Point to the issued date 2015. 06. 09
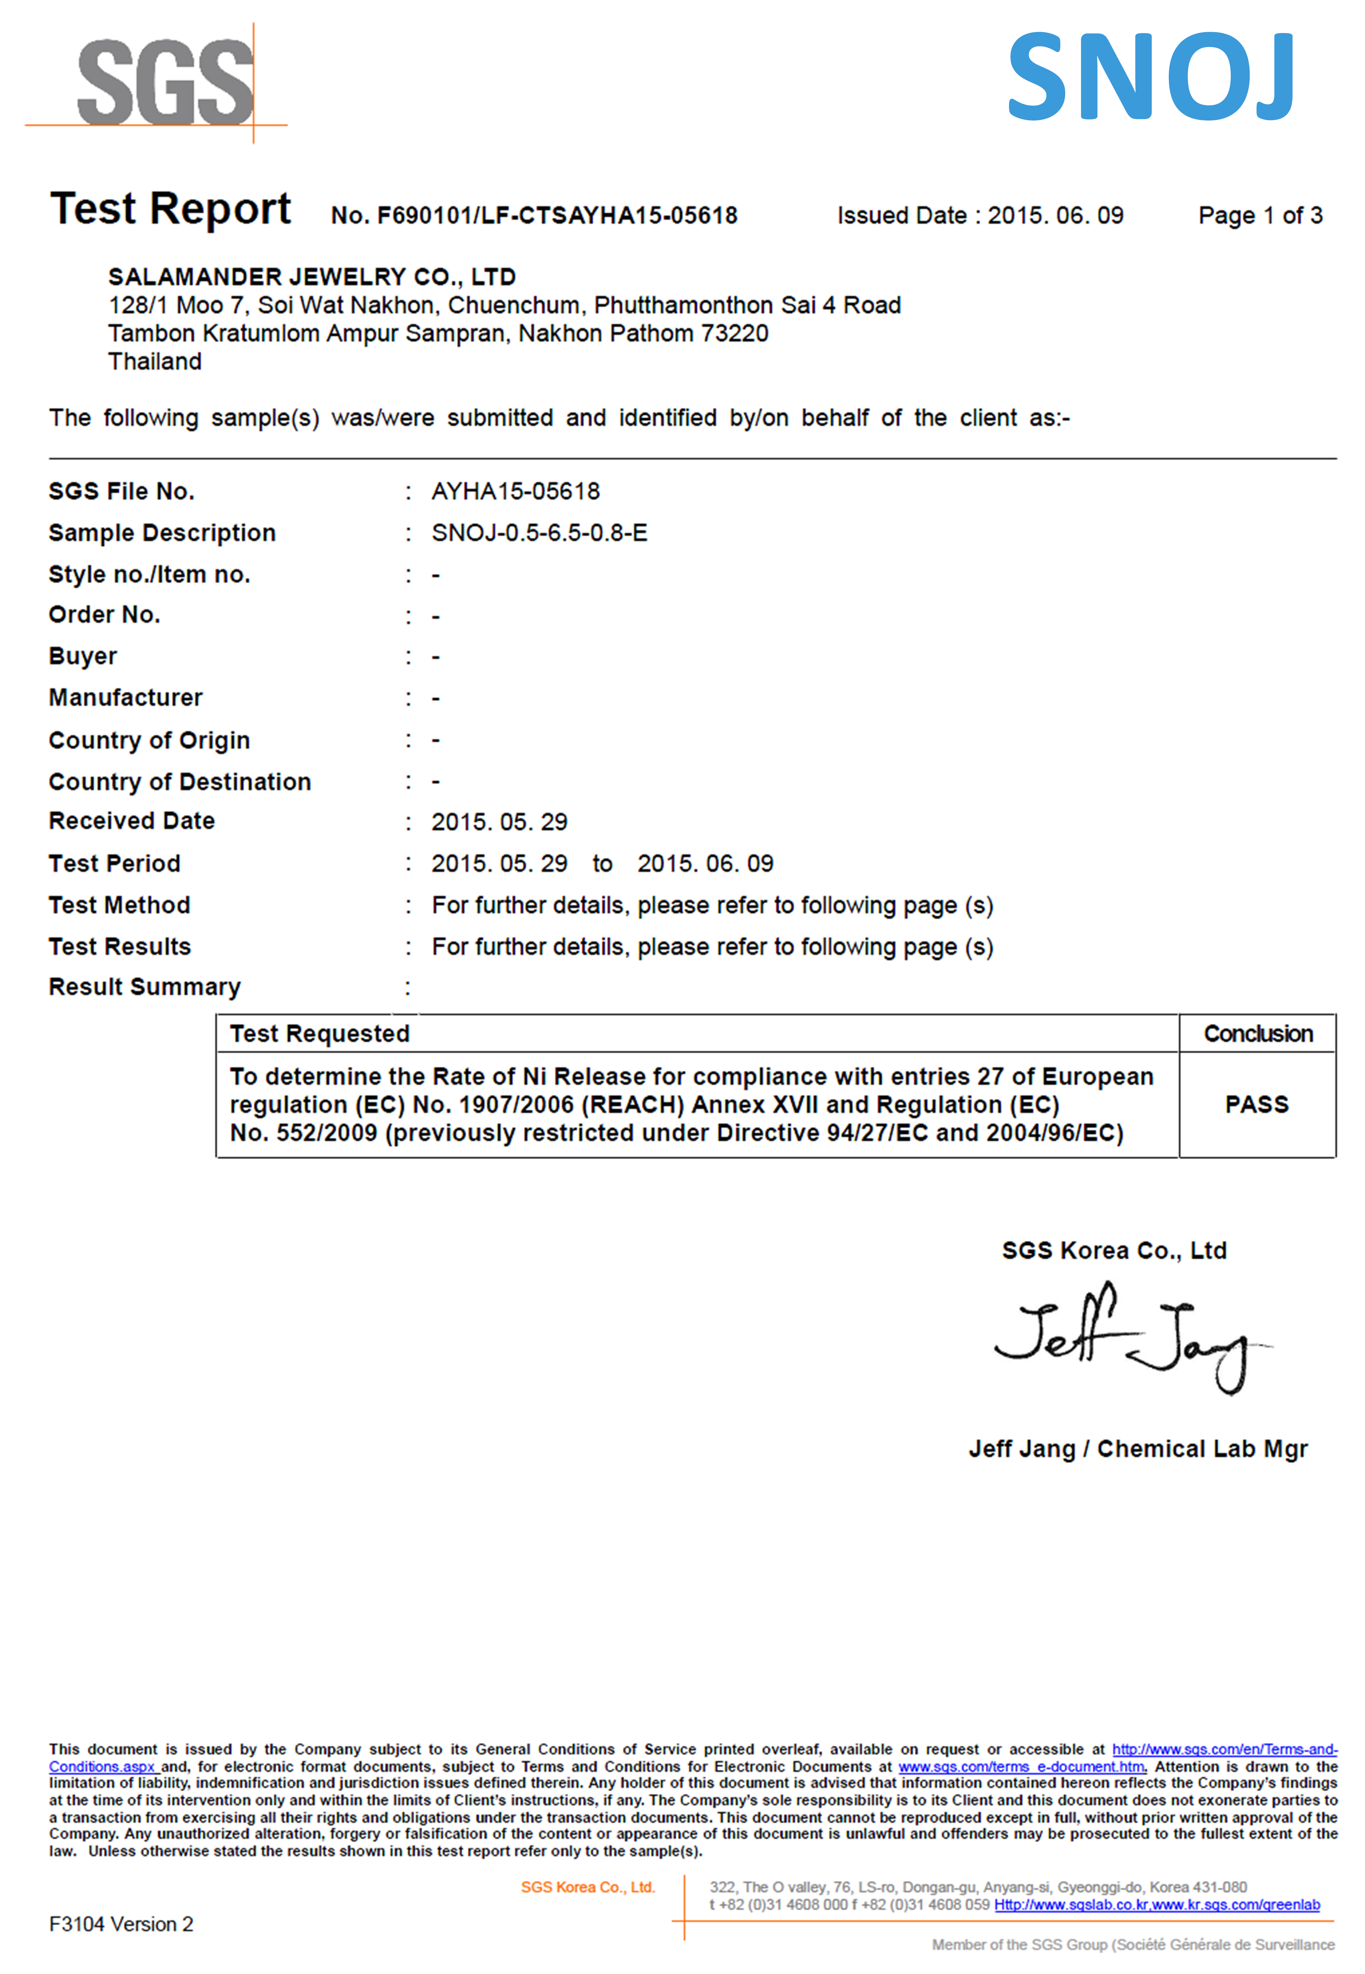pos(1055,216)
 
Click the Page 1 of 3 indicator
pos(1260,216)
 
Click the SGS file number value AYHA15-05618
pos(516,491)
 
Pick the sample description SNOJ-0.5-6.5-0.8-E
pos(539,533)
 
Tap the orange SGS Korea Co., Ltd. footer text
pos(587,1887)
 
